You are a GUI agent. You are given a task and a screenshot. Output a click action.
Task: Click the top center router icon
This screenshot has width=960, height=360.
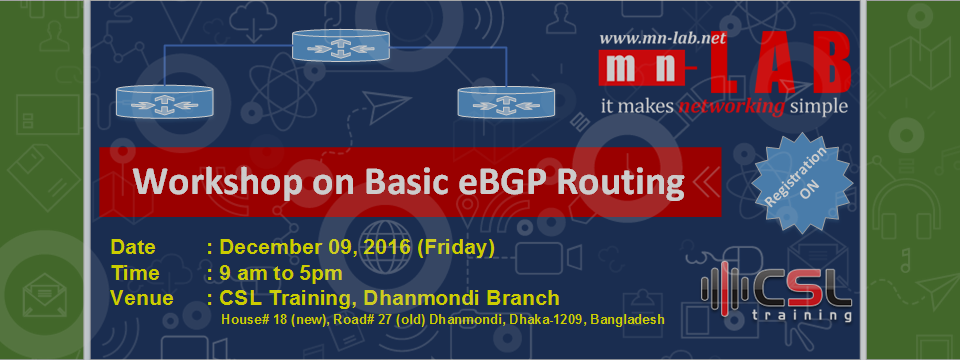coord(340,45)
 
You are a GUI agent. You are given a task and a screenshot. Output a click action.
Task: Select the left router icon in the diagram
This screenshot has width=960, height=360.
coord(164,101)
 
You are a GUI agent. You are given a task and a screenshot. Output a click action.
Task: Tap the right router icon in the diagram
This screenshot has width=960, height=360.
coord(506,101)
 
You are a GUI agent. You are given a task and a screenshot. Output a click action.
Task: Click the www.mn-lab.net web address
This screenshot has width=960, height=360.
coord(662,39)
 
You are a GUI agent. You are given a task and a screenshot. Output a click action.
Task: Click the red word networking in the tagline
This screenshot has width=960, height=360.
coord(732,107)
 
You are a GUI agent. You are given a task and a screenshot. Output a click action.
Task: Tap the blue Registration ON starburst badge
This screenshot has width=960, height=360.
coord(802,182)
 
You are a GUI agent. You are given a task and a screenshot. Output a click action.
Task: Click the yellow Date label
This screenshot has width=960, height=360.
coord(133,247)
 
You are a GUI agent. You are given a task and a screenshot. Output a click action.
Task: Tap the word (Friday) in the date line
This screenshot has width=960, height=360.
coord(456,248)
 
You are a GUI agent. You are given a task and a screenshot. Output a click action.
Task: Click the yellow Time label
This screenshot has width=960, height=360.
coord(135,273)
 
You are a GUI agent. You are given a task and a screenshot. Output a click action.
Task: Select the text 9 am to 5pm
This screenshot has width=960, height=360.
coord(281,274)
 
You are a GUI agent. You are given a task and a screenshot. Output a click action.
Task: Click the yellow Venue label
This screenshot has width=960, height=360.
coord(141,299)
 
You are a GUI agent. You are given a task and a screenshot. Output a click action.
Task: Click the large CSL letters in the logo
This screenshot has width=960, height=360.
coord(803,290)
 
